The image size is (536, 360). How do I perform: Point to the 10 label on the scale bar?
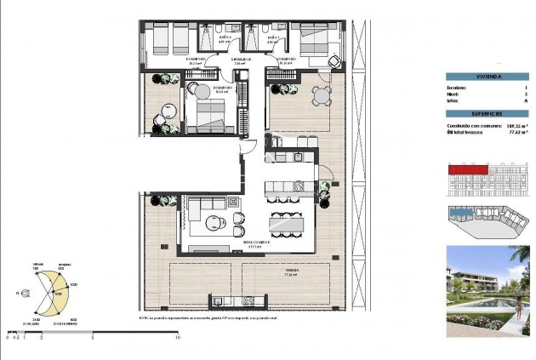pyautogui.click(x=176, y=338)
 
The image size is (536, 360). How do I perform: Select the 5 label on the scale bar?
pyautogui.click(x=92, y=338)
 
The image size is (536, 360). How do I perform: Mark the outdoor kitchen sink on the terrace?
pyautogui.click(x=218, y=300)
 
